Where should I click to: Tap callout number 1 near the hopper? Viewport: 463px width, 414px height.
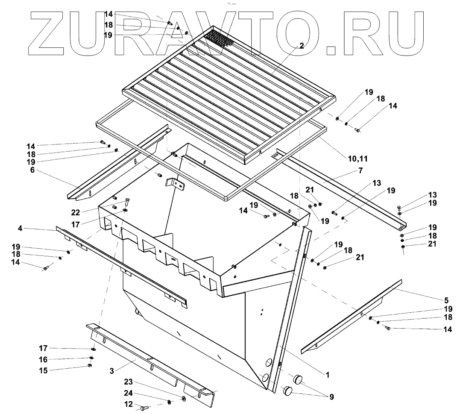point(327,375)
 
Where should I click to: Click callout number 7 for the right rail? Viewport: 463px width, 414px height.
point(360,171)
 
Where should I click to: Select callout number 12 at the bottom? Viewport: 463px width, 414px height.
point(128,404)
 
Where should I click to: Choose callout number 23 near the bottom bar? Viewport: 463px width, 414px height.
point(128,382)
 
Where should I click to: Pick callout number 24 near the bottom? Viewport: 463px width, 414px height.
point(128,393)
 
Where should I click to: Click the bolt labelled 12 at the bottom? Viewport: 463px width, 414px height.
point(144,408)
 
